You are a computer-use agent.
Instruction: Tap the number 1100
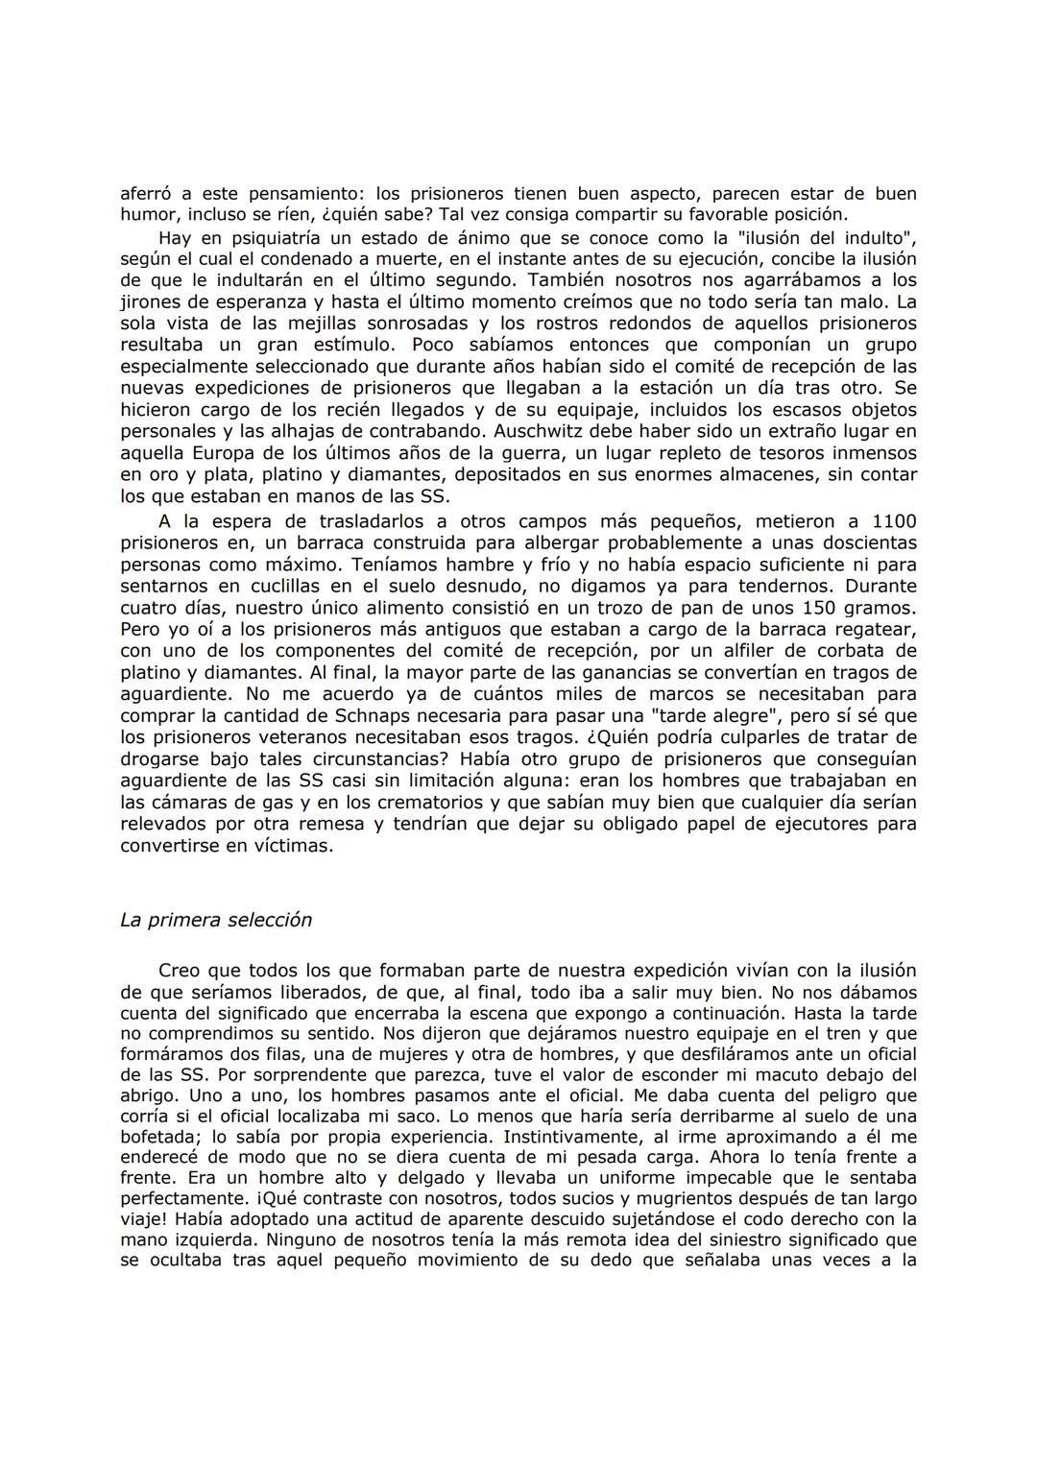tap(894, 521)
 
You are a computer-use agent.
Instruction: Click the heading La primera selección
tap(216, 920)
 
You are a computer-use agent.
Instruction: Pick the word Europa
tap(218, 453)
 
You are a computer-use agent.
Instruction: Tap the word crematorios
tap(391, 803)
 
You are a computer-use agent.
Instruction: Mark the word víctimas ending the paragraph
tap(294, 847)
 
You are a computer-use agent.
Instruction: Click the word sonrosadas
tap(437, 324)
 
